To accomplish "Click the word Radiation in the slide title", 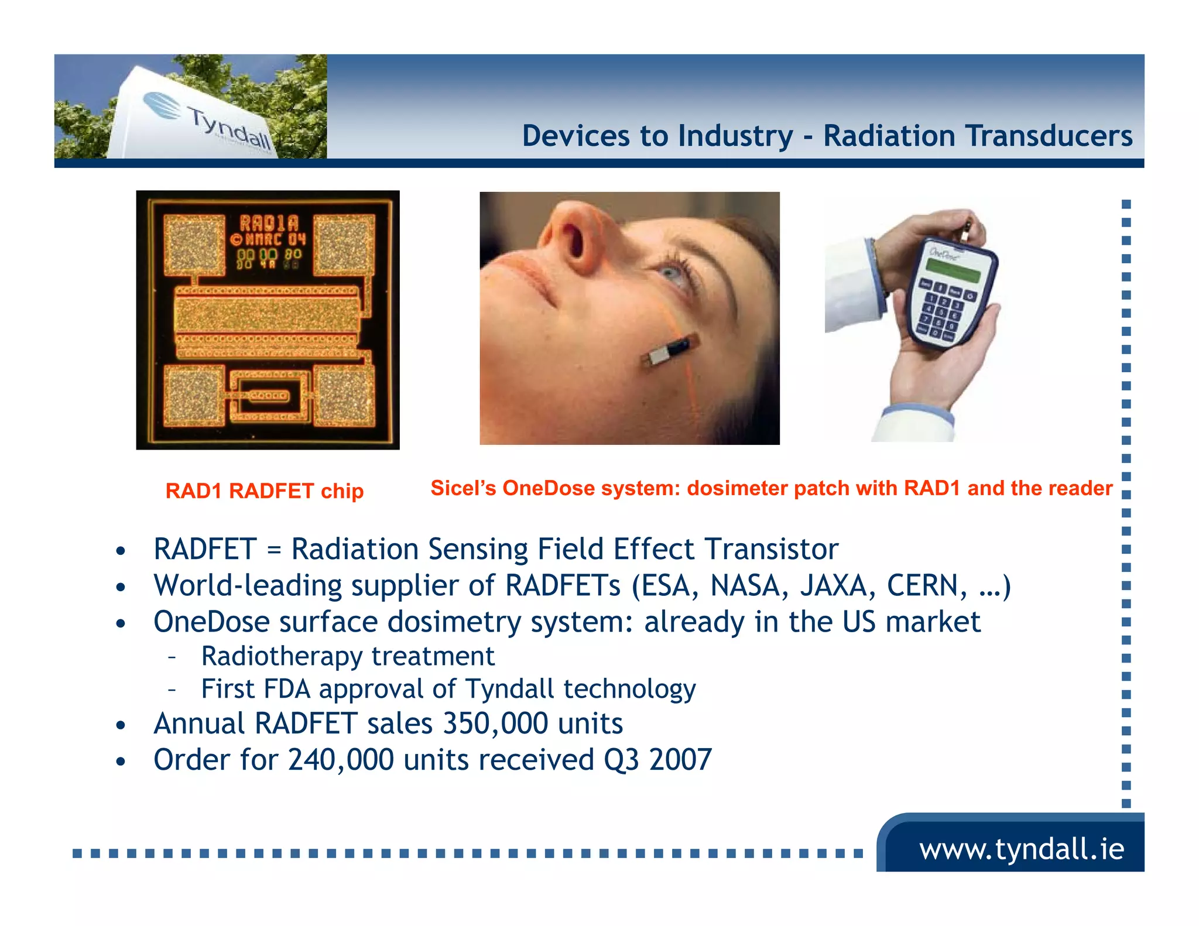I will click(x=889, y=136).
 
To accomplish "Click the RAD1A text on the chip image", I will click(x=269, y=223).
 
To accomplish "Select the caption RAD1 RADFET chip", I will click(x=265, y=491).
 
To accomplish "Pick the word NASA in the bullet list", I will click(x=749, y=585).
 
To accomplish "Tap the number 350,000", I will click(x=495, y=723).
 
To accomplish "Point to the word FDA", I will click(x=287, y=689).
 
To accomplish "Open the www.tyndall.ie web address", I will click(x=1021, y=849).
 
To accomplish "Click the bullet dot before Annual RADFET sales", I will click(x=121, y=726).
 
